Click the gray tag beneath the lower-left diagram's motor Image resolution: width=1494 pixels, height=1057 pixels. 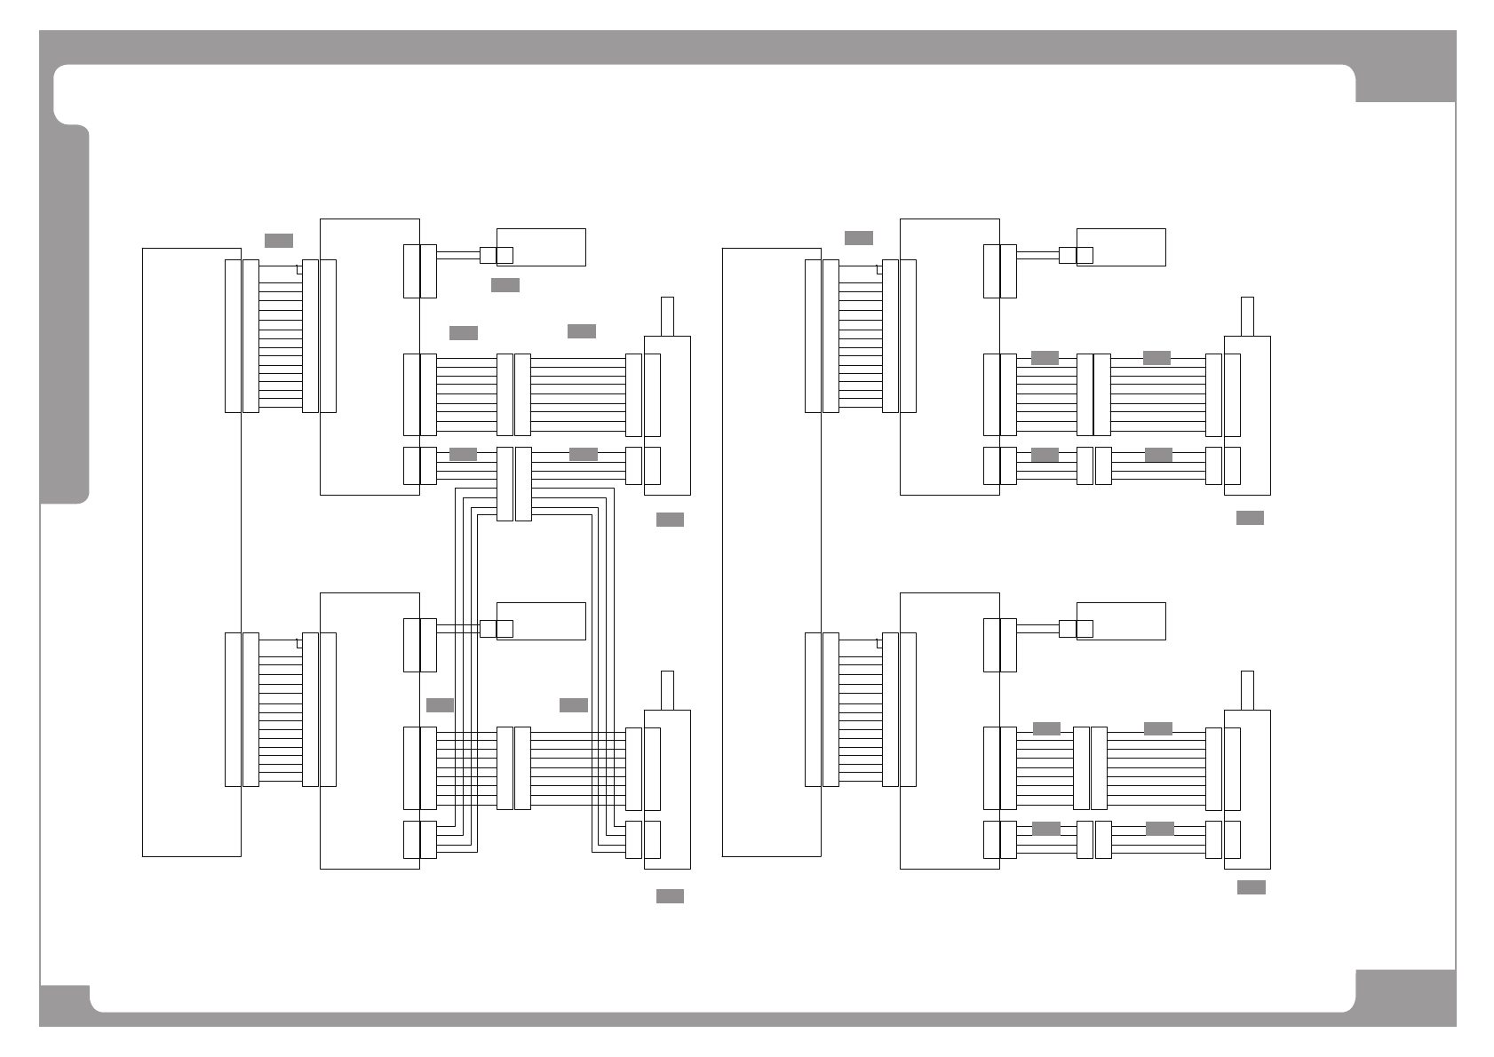670,896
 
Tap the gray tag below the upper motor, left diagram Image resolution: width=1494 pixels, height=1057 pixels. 670,520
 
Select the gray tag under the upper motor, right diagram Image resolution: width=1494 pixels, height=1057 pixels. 1250,518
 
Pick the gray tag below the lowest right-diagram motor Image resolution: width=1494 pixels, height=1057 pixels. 1251,887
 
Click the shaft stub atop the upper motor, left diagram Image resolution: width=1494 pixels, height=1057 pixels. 667,316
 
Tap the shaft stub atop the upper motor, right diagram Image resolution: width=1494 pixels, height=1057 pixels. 1247,316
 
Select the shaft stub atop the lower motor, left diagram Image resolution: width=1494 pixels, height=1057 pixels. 667,690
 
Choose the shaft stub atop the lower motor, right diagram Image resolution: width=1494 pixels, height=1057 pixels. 1247,690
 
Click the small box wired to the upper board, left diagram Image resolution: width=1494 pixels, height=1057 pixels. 541,247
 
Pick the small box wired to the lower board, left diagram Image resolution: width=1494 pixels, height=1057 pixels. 541,621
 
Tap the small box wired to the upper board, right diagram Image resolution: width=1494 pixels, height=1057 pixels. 1121,247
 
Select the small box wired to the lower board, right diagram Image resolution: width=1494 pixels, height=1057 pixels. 1121,621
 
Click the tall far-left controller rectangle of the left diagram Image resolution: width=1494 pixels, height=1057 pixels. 191,552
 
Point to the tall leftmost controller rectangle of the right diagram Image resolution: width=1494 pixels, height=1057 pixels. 771,552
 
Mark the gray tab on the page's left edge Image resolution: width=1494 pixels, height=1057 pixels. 65,315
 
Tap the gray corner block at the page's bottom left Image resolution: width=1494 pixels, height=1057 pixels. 65,1005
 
